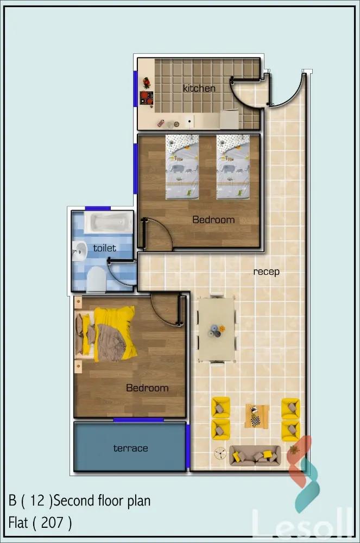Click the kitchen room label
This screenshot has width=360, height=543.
(x=199, y=89)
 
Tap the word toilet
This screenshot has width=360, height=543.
(x=105, y=248)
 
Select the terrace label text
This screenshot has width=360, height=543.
(x=130, y=448)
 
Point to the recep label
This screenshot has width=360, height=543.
(x=266, y=272)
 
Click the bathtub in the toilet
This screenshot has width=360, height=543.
(x=109, y=223)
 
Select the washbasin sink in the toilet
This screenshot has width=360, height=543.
(x=79, y=251)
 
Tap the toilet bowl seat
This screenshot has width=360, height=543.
(x=96, y=280)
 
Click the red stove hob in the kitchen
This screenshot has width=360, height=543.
(x=147, y=98)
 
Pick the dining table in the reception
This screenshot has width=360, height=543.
(x=217, y=330)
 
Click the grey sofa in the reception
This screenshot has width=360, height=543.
(x=255, y=456)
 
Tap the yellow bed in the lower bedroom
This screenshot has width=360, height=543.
(x=105, y=334)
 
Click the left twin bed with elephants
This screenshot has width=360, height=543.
(x=182, y=167)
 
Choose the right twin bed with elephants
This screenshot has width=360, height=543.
(x=233, y=167)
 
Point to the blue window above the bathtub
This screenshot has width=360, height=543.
(x=98, y=208)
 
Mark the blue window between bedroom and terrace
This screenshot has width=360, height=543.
(x=138, y=420)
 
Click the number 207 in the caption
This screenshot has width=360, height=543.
(x=52, y=522)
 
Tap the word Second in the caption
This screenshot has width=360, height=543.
(x=74, y=501)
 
